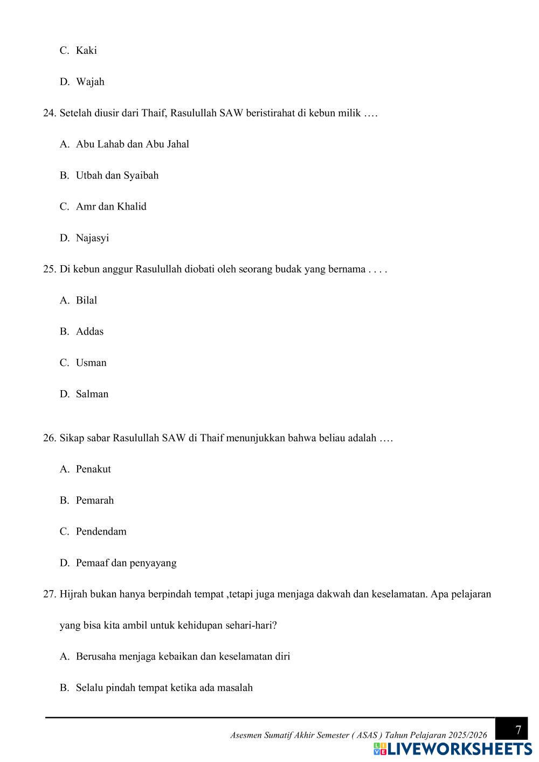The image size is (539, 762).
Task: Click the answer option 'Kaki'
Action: [x=86, y=51]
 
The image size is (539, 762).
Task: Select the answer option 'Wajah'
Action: [x=90, y=82]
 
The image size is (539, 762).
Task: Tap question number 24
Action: [x=50, y=113]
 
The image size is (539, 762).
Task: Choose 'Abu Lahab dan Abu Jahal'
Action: [x=132, y=144]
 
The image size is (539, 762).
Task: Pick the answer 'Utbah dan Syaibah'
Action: [x=117, y=176]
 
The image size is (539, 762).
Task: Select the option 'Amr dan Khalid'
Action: [x=111, y=207]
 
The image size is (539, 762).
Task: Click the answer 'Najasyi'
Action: [x=92, y=238]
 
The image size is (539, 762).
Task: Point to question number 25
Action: [x=50, y=269]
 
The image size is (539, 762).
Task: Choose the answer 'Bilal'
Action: [x=86, y=301]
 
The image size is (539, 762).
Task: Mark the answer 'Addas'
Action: [x=89, y=332]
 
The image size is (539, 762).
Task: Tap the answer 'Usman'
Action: [x=91, y=363]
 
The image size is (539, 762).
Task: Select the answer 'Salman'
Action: [x=92, y=394]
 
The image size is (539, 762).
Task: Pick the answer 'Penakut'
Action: [x=93, y=469]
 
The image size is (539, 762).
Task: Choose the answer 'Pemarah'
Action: [x=95, y=501]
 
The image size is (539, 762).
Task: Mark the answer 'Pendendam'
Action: [x=101, y=532]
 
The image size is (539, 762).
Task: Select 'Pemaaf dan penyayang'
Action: [x=126, y=563]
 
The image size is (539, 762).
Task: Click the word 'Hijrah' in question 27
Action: [x=73, y=594]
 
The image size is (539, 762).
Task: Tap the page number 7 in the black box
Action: [x=518, y=731]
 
